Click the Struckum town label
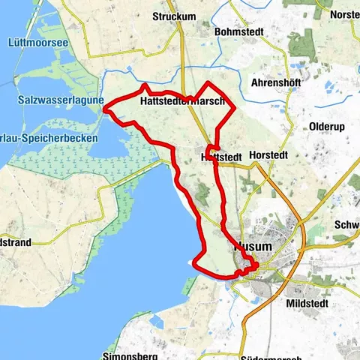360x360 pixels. (173, 16)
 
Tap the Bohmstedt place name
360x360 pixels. (240, 32)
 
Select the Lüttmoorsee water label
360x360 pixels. (39, 43)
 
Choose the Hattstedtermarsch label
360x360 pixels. (181, 102)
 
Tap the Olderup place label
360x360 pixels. (326, 127)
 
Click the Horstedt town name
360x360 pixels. (285, 157)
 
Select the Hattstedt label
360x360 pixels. (221, 157)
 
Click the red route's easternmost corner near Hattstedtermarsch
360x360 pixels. (235, 109)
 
